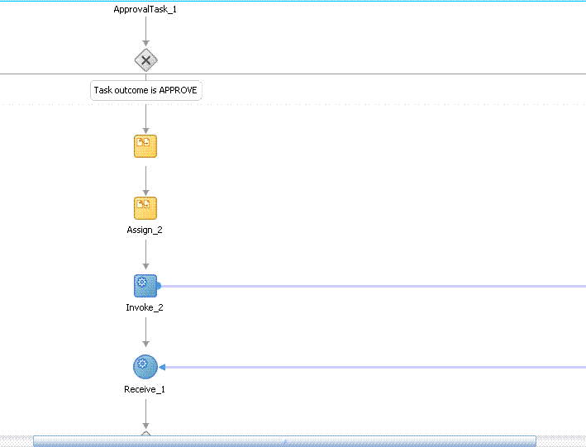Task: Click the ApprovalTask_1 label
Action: tap(145, 9)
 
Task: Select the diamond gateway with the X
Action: tap(145, 59)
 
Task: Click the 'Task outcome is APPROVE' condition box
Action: tap(146, 90)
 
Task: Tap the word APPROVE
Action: tap(178, 90)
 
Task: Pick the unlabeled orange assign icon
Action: tap(145, 146)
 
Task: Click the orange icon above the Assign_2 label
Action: tap(145, 208)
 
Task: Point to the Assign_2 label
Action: tap(145, 230)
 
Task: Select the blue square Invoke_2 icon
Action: tap(145, 286)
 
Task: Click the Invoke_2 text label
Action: tap(145, 307)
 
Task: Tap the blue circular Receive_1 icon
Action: tap(145, 367)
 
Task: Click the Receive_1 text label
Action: tap(145, 389)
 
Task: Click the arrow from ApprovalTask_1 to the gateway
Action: tap(145, 31)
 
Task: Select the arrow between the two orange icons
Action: tap(145, 181)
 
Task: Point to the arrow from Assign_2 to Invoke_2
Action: tap(145, 254)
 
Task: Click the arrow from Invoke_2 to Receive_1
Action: tap(145, 332)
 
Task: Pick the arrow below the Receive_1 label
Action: tap(145, 414)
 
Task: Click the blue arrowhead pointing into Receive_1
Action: tap(162, 368)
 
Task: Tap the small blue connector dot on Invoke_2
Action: tap(159, 286)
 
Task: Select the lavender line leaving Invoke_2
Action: tap(374, 286)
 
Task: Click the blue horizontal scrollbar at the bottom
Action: tap(285, 441)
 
